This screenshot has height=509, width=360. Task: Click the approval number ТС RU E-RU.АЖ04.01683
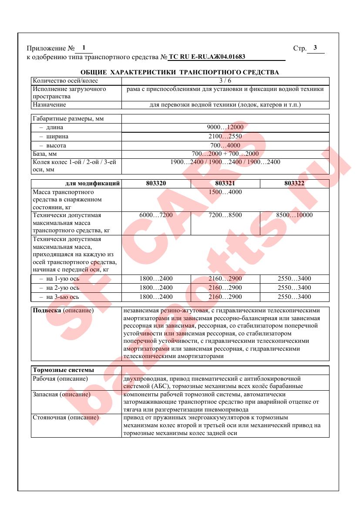pos(207,57)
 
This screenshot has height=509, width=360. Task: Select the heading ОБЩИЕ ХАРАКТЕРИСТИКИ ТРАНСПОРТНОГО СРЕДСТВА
pos(180,72)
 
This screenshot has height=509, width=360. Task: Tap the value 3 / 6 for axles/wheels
pos(225,81)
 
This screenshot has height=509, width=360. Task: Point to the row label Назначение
pos(49,105)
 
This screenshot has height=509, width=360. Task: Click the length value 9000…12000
pos(225,127)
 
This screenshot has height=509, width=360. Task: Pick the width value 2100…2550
pos(225,137)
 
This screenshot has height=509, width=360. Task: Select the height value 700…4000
pos(225,145)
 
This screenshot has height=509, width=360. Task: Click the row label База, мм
pos(45,154)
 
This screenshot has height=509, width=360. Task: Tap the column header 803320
pos(156,184)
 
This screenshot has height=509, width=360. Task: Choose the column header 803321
pos(225,184)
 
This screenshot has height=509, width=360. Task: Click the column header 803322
pos(294,184)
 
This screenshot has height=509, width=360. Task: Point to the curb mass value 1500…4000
pos(225,192)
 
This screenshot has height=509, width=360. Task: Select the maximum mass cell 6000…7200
pos(156,215)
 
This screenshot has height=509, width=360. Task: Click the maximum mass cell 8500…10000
pos(294,215)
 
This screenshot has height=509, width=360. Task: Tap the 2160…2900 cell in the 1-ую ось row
pos(225,279)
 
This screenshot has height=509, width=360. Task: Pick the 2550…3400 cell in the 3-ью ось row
pos(294,297)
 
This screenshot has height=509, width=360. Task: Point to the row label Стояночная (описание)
pos(66,418)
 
